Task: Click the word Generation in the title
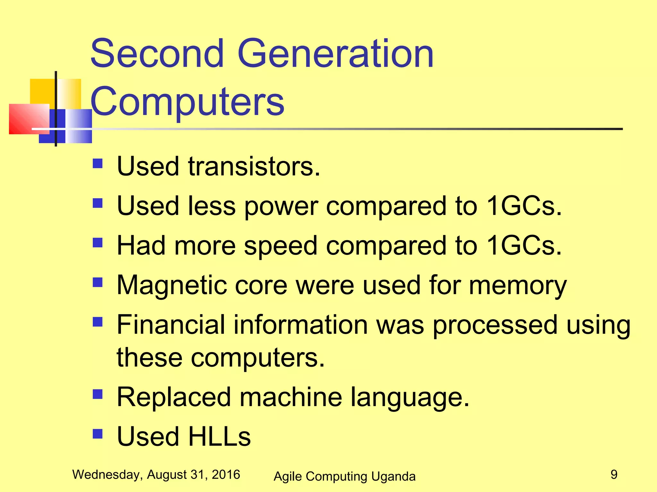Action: [x=336, y=53]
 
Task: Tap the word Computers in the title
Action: [x=187, y=102]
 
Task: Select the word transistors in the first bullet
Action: [x=254, y=167]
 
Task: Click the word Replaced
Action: [x=174, y=397]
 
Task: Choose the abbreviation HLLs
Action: [x=219, y=437]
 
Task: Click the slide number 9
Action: [x=614, y=474]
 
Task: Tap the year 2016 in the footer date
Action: [x=226, y=474]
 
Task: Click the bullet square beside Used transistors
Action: [x=98, y=164]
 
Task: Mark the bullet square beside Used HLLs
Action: [x=98, y=434]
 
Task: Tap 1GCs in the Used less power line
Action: [x=524, y=206]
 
